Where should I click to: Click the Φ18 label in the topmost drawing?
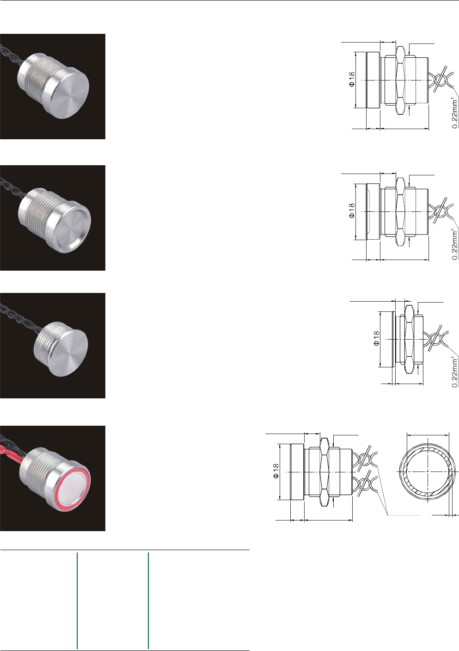(351, 79)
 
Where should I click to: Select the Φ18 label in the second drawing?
(351, 211)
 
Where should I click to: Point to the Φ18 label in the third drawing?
(376, 339)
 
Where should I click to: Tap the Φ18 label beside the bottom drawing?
(275, 471)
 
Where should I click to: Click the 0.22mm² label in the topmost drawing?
(455, 113)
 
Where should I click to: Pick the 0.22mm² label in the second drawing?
(455, 244)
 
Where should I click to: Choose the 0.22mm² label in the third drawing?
(455, 372)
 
